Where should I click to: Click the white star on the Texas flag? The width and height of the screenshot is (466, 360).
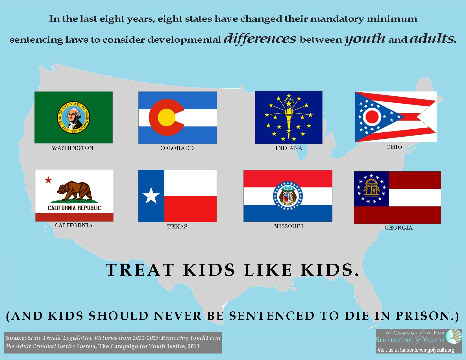click(x=151, y=195)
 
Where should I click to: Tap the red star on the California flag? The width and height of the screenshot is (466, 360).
click(x=48, y=180)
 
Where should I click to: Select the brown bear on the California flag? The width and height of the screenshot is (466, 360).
click(x=75, y=192)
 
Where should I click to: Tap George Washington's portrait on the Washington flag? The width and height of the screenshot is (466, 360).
click(x=73, y=117)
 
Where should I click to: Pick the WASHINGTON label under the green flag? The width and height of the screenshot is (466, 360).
click(x=73, y=148)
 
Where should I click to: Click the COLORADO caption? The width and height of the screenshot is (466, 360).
click(x=177, y=148)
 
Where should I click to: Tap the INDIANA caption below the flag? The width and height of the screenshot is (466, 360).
click(x=289, y=148)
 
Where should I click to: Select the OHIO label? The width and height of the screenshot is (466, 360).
click(x=394, y=147)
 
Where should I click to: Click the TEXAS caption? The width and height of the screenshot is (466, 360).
click(x=177, y=226)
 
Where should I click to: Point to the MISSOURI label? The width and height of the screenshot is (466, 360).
click(x=289, y=226)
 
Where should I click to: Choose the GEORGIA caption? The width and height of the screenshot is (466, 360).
click(x=399, y=228)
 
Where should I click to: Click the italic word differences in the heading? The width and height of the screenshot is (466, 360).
click(x=260, y=38)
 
